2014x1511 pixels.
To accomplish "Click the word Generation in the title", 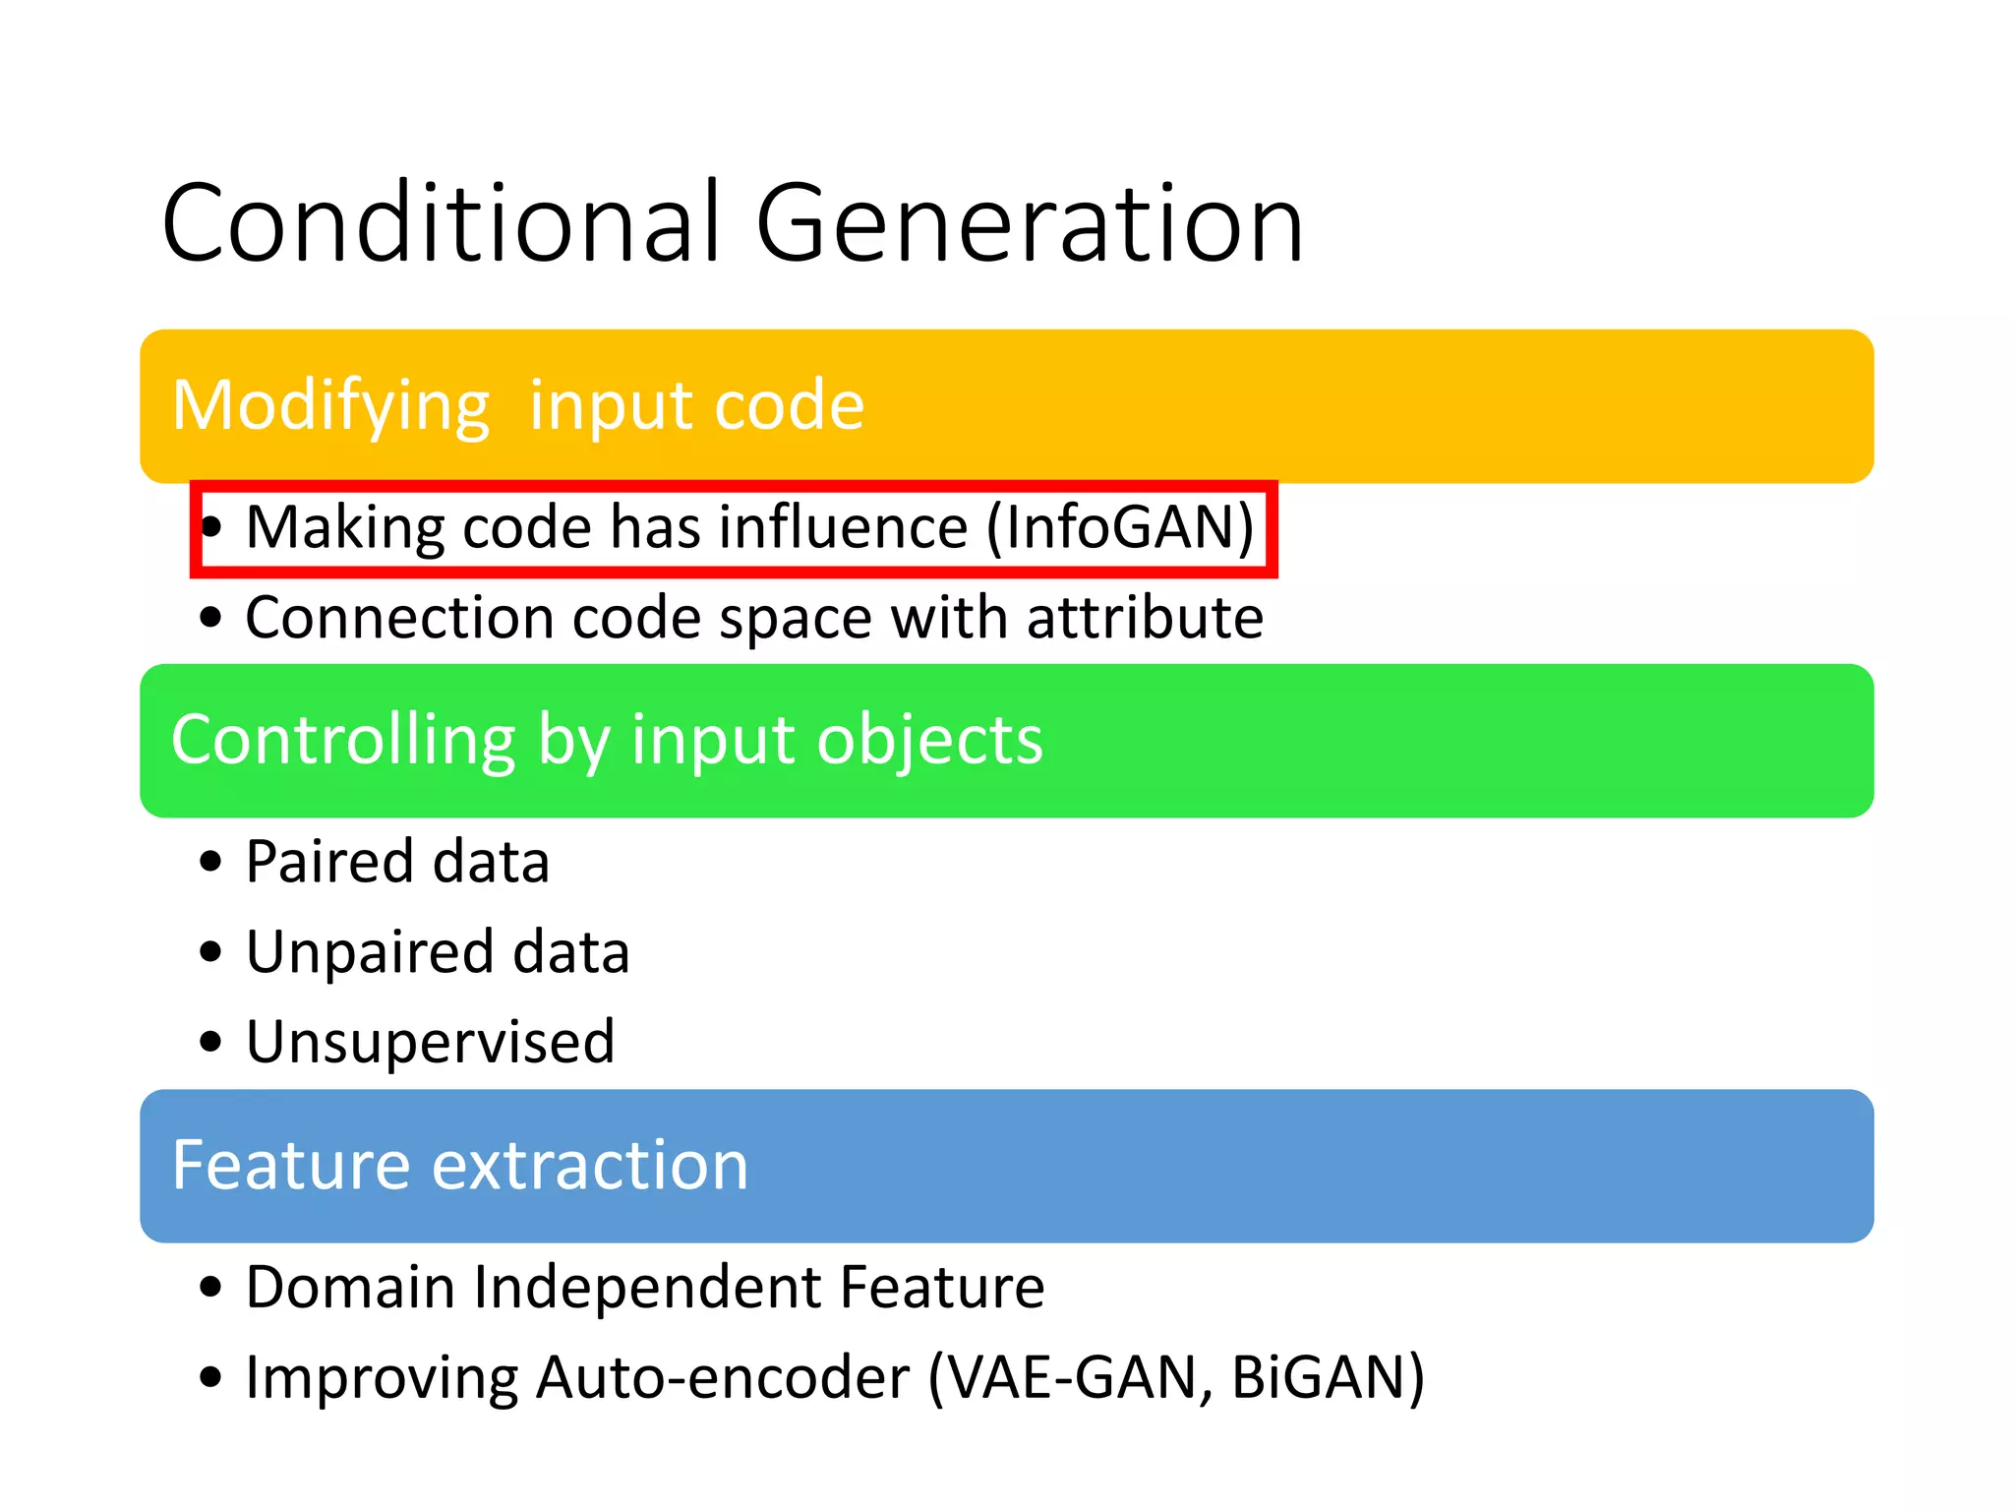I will tap(1029, 224).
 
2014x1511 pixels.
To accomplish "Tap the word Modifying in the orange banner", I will tap(330, 406).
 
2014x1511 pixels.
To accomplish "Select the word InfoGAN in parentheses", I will tap(1120, 527).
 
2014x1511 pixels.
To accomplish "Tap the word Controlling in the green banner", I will tap(342, 740).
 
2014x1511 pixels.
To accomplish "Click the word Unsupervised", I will tap(430, 1042).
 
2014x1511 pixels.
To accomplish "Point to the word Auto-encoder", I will tap(723, 1377).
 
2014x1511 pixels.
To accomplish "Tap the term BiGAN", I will tap(1318, 1377).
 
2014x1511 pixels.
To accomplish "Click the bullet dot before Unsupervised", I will tap(210, 1042).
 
